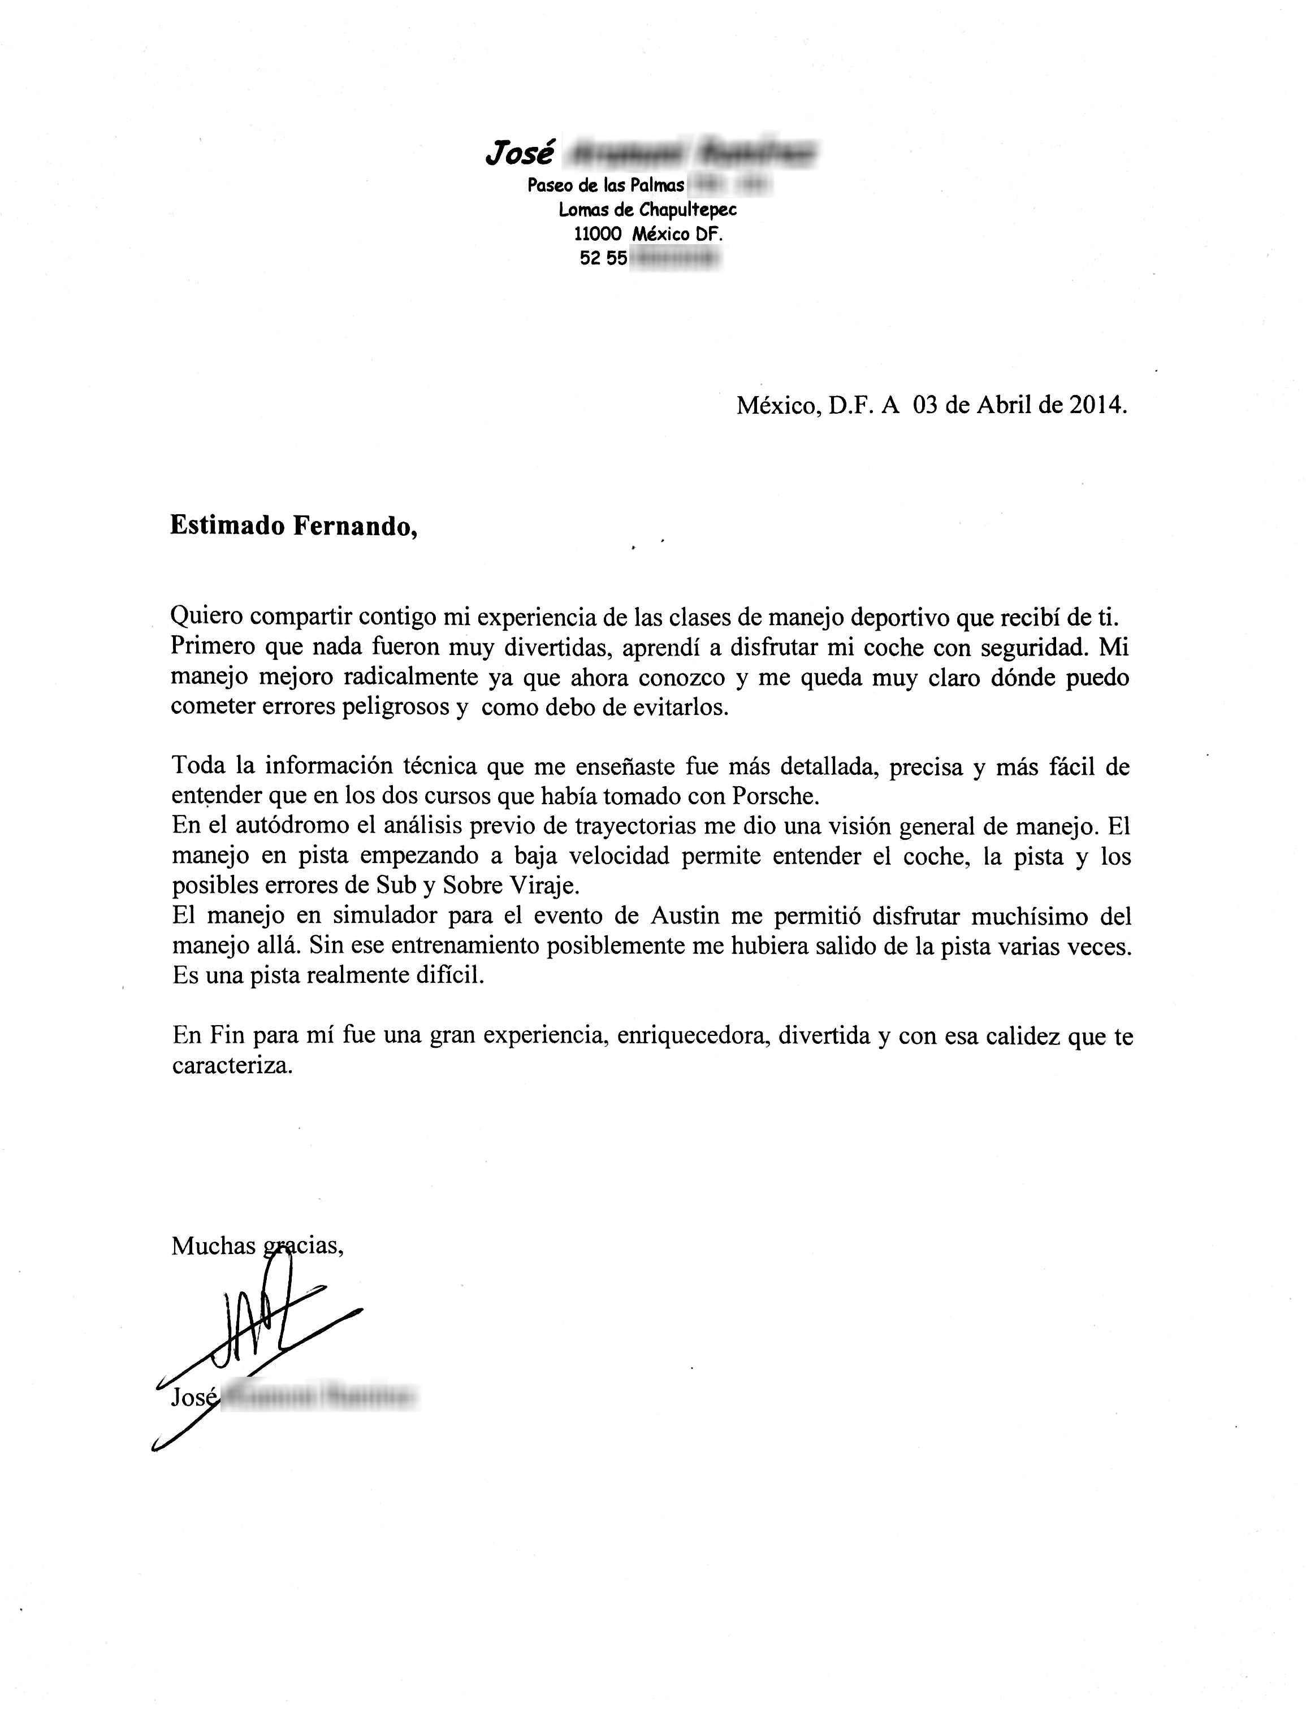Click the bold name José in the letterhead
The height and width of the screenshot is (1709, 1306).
(519, 153)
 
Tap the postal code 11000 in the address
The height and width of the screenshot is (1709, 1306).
(598, 233)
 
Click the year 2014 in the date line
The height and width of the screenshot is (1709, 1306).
(1096, 405)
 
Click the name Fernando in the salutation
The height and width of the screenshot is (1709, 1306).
(354, 526)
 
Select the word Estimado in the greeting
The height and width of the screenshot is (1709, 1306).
(227, 526)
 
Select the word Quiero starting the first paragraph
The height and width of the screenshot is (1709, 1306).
(206, 617)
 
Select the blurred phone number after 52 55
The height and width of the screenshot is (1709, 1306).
(673, 258)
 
